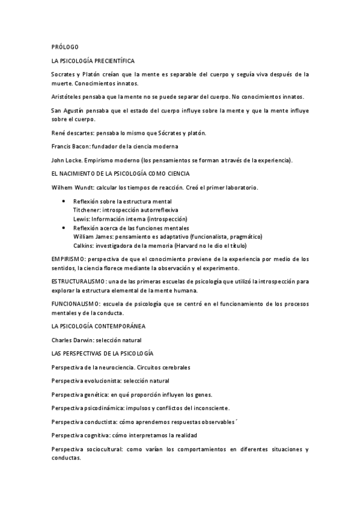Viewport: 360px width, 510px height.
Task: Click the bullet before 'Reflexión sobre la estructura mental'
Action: pos(64,201)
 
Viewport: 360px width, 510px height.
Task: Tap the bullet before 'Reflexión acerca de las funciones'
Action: pos(64,229)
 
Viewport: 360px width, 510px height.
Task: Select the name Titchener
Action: pos(87,210)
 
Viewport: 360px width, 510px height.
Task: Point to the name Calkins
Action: pos(84,246)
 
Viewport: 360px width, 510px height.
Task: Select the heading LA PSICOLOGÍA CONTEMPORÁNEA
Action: pos(99,327)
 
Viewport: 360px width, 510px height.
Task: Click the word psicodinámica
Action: pos(101,408)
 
